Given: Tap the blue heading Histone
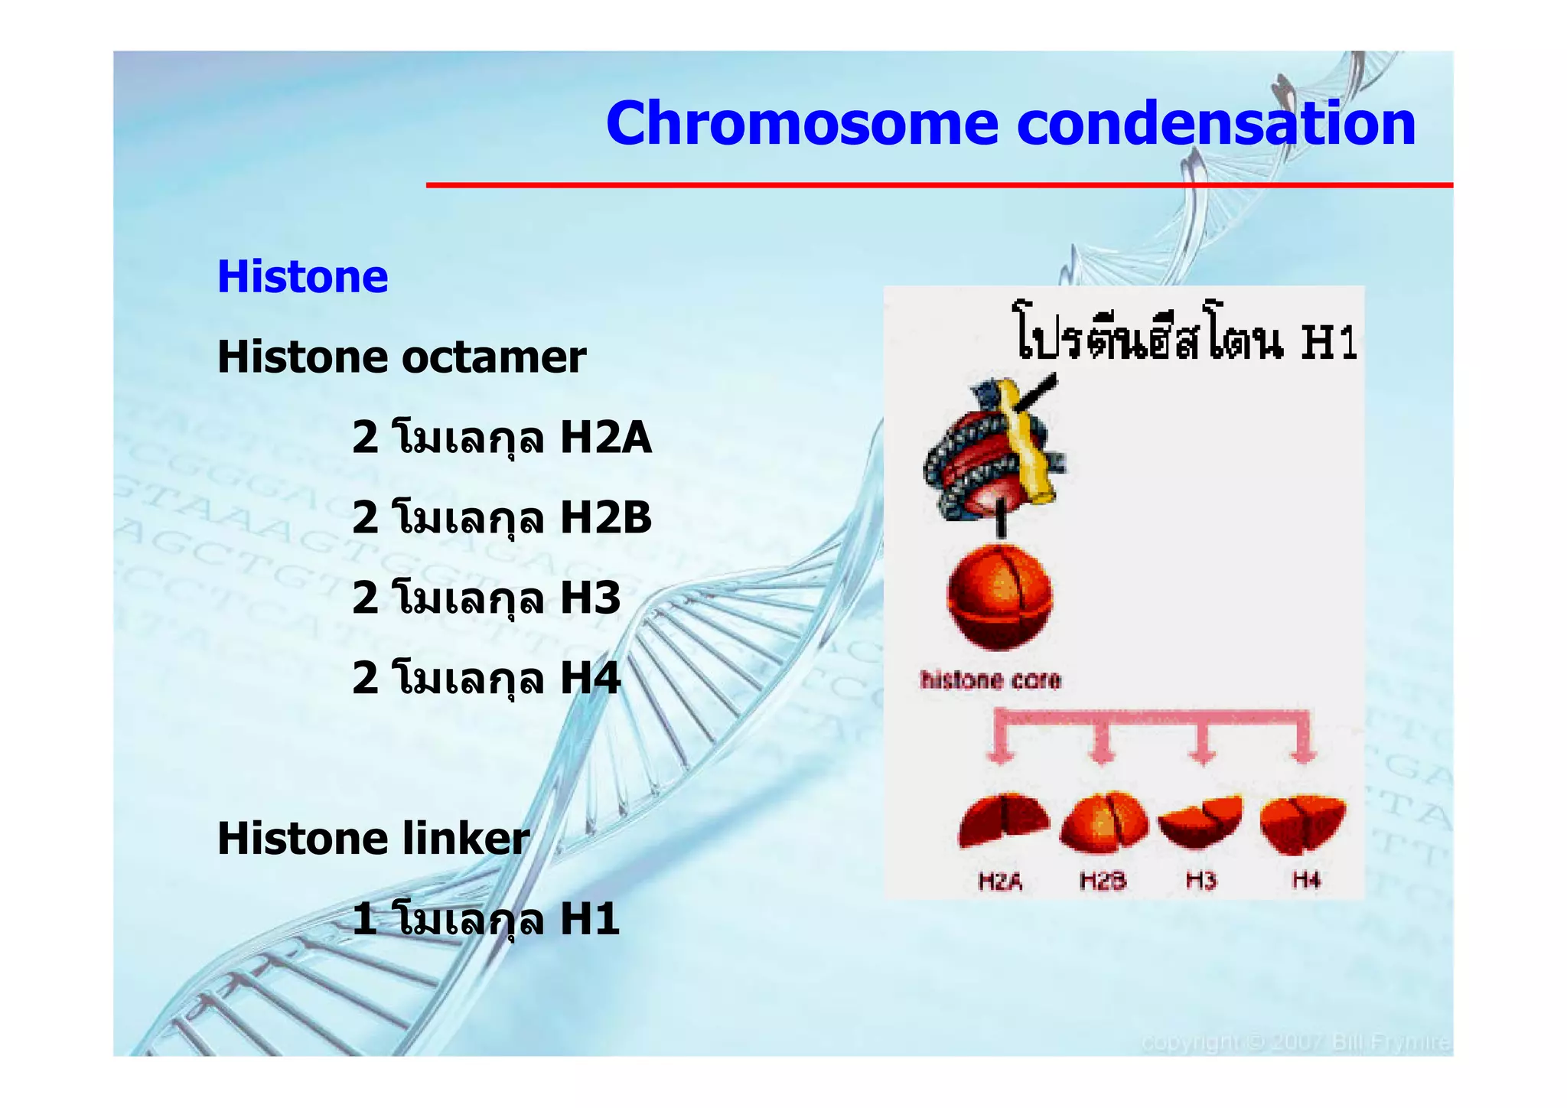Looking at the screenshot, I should [302, 276].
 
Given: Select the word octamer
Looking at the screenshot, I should [494, 357].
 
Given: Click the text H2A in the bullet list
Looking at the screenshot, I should [605, 438].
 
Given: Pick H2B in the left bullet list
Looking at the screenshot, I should [605, 518].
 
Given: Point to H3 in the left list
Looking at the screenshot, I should [590, 598].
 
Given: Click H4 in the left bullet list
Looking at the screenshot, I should [590, 679].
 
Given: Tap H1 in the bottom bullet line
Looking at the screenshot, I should [590, 919].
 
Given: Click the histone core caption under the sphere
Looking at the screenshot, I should [990, 680].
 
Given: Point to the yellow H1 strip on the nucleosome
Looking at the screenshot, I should [1025, 444].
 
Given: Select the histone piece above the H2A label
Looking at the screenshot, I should [1002, 820].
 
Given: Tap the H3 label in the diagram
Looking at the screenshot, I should [1200, 882].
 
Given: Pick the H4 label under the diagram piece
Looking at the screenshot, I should [1306, 882].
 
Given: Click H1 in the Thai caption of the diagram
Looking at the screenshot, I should [1329, 342].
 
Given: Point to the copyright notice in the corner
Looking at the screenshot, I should [1295, 1043].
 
